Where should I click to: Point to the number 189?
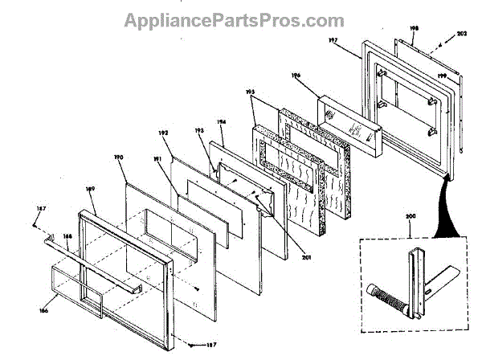point(90,190)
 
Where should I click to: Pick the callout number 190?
point(118,158)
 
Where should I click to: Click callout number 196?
point(296,77)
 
